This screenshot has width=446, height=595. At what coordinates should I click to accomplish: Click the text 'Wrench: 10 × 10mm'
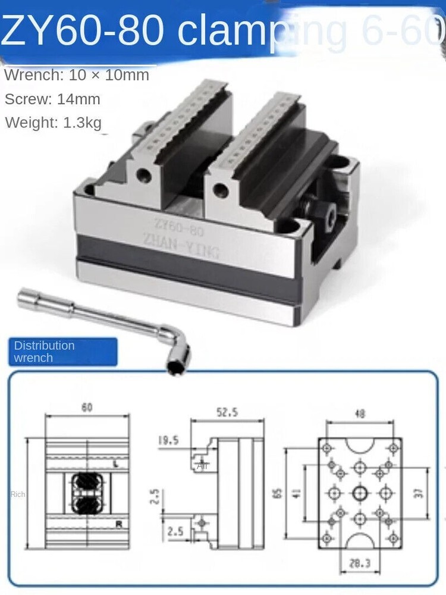click(77, 76)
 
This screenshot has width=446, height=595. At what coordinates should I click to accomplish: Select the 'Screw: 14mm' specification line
click(52, 99)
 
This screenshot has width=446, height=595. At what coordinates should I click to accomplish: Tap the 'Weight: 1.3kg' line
click(54, 123)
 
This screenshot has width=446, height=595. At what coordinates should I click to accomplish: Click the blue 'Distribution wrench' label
click(62, 352)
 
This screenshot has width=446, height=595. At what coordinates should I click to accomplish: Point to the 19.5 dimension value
click(169, 441)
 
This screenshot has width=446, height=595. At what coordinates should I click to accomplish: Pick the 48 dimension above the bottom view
click(359, 414)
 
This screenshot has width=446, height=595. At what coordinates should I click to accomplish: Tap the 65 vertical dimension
click(277, 493)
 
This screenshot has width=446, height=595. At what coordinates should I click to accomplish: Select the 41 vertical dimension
click(297, 493)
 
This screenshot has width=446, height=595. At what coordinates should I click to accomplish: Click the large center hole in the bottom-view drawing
click(360, 493)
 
